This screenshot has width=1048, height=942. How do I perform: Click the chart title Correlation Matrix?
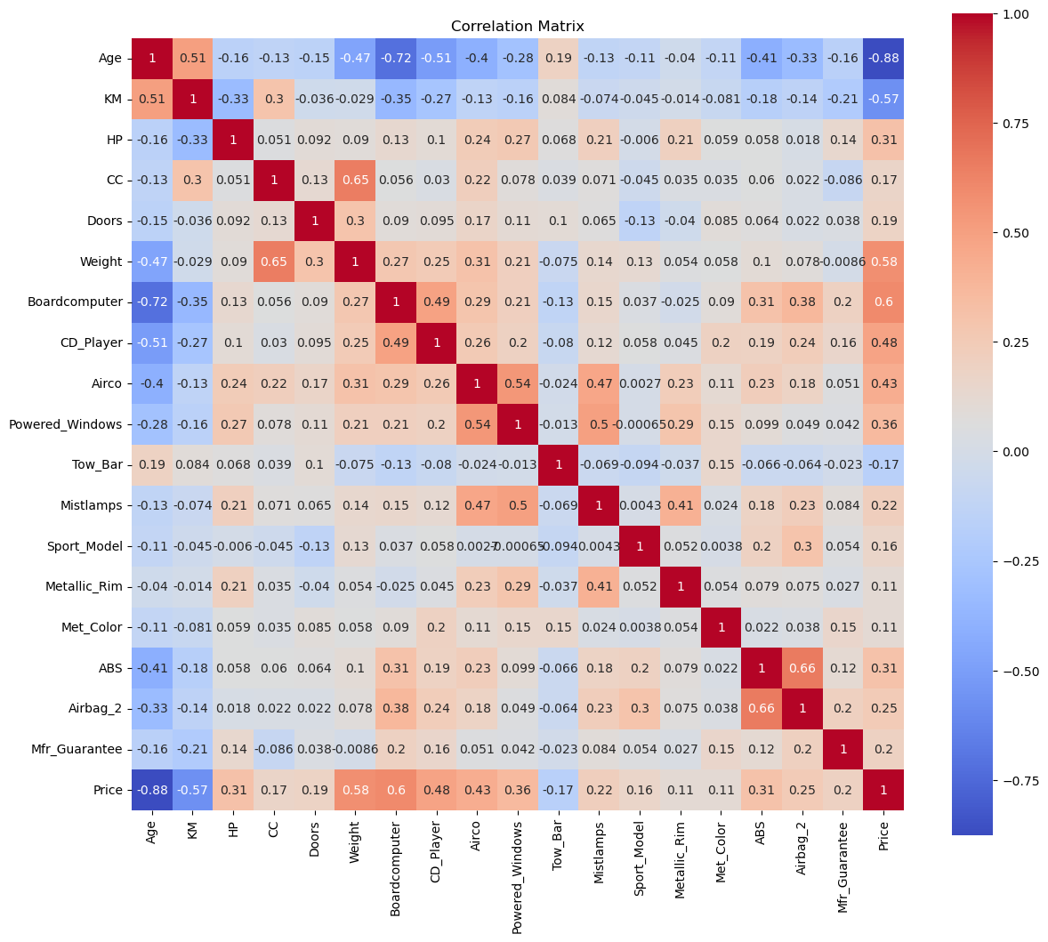tap(517, 26)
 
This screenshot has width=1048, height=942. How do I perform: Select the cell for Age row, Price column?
tap(883, 59)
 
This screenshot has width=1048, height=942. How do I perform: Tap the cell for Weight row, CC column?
tap(274, 262)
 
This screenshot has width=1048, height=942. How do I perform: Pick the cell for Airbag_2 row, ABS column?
tap(762, 708)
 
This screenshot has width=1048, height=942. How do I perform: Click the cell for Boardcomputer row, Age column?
tap(152, 302)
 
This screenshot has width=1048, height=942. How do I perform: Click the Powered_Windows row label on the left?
tap(66, 424)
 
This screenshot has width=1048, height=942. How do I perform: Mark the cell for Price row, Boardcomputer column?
tap(396, 790)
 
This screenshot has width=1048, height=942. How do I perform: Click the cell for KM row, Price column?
tap(883, 100)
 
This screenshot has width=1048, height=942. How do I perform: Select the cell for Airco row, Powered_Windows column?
tap(518, 383)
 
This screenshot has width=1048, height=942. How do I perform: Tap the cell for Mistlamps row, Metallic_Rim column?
tap(681, 505)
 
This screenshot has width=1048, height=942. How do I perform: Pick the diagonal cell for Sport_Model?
tap(640, 546)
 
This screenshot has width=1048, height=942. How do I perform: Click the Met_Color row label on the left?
tap(93, 627)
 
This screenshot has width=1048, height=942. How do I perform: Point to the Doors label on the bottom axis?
tap(315, 839)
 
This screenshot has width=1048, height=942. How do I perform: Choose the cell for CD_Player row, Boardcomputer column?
tap(396, 342)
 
